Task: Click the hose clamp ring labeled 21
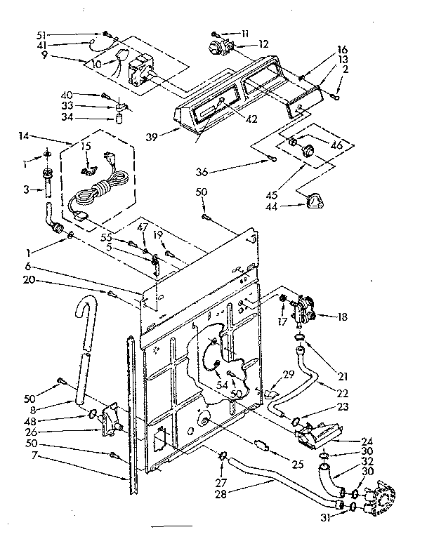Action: click(x=299, y=338)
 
